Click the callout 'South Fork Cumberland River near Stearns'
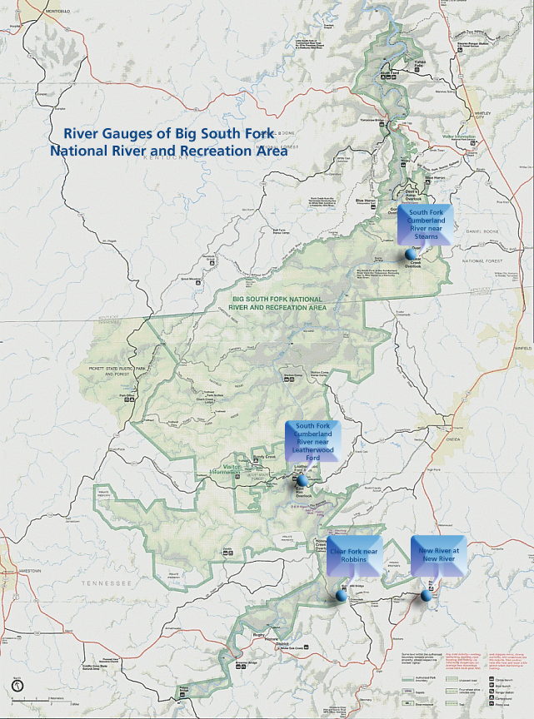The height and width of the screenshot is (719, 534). pos(426,223)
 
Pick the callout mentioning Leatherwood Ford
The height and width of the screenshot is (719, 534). pos(313,442)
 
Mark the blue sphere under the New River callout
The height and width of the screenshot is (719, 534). pos(426,596)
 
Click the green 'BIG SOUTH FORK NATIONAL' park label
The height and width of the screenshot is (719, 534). pos(277,298)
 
